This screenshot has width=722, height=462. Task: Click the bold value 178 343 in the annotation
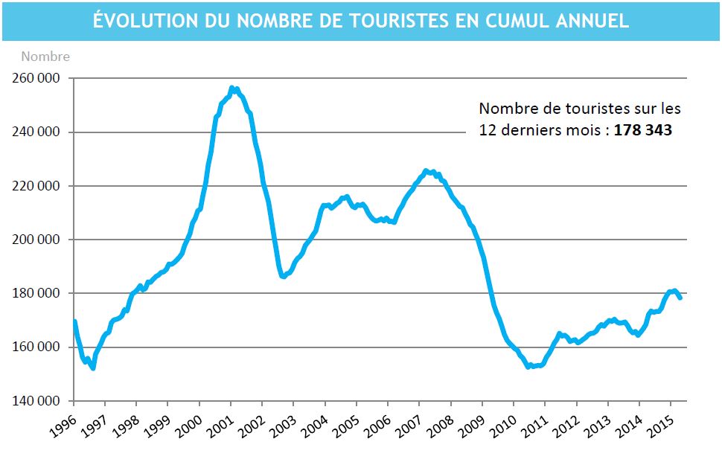pyautogui.click(x=643, y=129)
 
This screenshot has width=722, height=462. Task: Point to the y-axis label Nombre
pyautogui.click(x=45, y=57)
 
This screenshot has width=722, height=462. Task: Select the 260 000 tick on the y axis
pyautogui.click(x=36, y=78)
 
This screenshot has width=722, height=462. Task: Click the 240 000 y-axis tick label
pyautogui.click(x=36, y=132)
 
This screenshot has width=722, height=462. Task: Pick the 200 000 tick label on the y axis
pyautogui.click(x=36, y=240)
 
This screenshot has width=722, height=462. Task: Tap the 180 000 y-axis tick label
pyautogui.click(x=36, y=294)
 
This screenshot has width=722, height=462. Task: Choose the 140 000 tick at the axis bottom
pyautogui.click(x=36, y=401)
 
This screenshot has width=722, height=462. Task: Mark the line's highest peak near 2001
pyautogui.click(x=232, y=88)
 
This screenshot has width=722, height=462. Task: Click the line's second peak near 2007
pyautogui.click(x=426, y=170)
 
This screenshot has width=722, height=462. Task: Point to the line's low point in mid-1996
pyautogui.click(x=92, y=368)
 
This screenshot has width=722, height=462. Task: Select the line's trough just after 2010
pyautogui.click(x=528, y=366)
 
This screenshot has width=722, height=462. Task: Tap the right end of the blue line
pyautogui.click(x=680, y=298)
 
